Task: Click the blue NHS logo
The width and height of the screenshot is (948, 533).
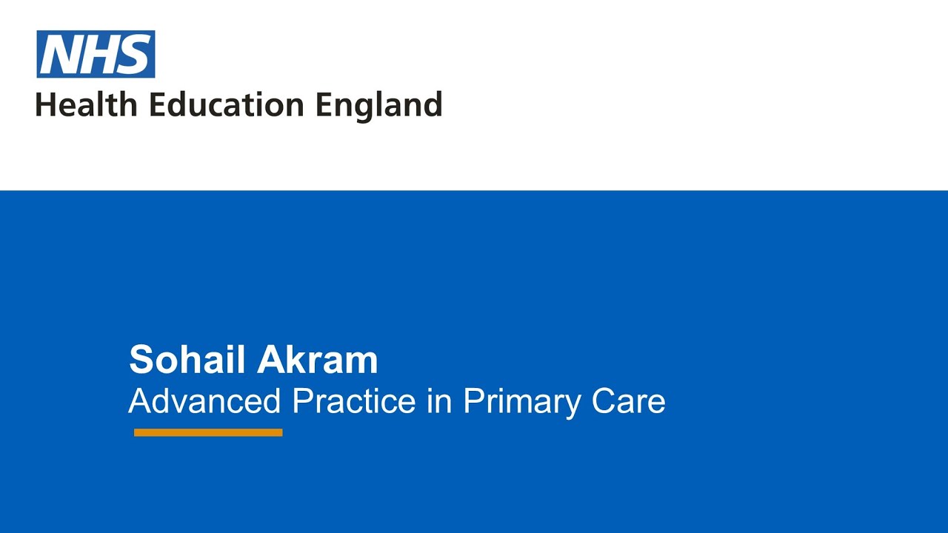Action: coord(96,54)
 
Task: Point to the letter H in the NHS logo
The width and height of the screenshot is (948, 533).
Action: coord(99,54)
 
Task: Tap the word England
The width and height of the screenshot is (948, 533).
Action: coord(378,106)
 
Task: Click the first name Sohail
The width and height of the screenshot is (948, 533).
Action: coord(187,360)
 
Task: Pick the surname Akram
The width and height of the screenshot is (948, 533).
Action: coord(317,360)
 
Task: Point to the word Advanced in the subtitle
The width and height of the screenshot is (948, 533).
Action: coord(204,401)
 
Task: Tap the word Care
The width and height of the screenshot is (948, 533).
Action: coord(629,401)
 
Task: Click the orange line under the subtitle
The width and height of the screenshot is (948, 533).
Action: coord(208,432)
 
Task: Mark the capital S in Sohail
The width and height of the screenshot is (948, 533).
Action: coord(141,360)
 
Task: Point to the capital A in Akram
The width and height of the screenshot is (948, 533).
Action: coord(269,360)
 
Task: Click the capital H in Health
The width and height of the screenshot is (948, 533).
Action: coord(45,104)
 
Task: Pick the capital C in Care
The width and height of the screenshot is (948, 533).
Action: coord(604,401)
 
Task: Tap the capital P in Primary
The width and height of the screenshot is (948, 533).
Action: coord(472,401)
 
